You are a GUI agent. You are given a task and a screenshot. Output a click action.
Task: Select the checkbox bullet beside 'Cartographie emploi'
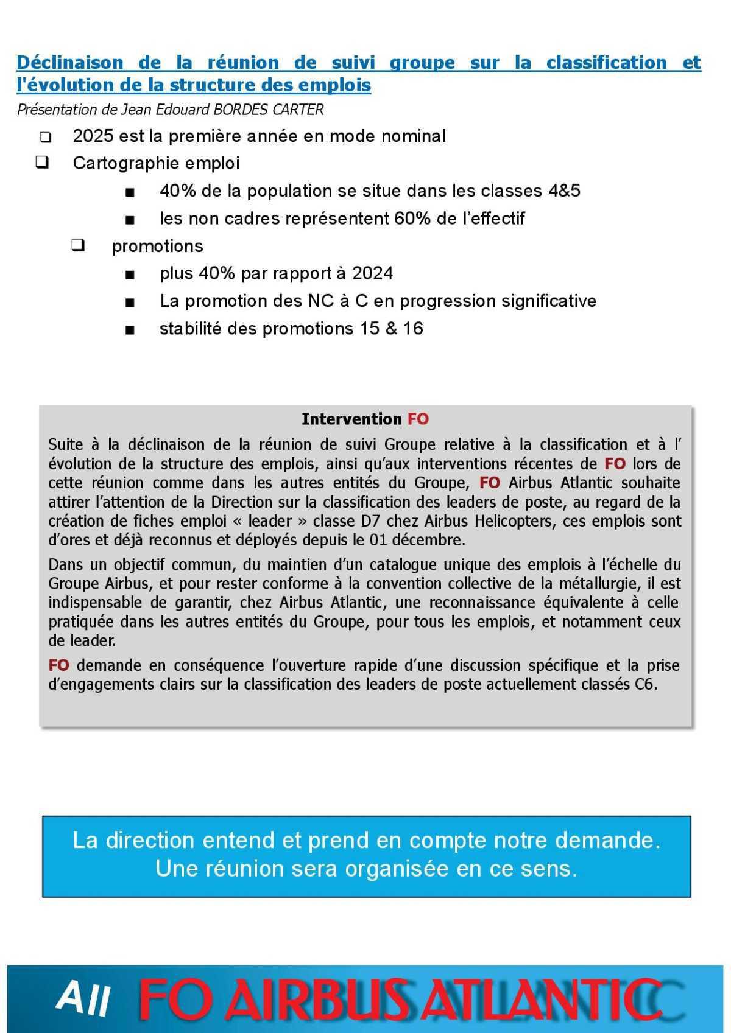(43, 163)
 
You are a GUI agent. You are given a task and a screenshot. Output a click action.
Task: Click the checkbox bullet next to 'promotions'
(77, 246)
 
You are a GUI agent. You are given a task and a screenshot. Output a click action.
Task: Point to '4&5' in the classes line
(564, 191)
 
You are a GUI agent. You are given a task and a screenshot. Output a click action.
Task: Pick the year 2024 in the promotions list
(372, 273)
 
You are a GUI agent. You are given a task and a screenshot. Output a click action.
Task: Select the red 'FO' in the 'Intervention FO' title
(418, 419)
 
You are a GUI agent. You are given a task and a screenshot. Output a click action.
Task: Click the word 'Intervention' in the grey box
(351, 419)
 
